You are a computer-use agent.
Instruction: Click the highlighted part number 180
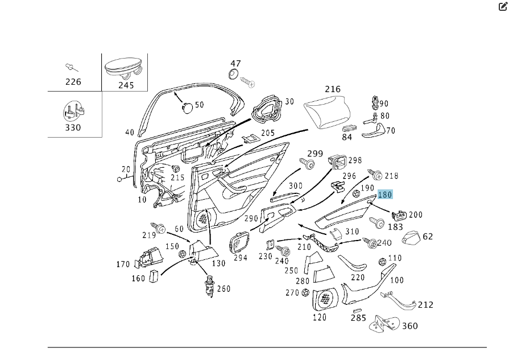(x=385, y=195)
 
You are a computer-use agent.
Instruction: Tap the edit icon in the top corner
(x=503, y=7)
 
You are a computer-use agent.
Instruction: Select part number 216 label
(x=333, y=89)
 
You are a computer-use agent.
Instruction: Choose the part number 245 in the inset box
(x=126, y=85)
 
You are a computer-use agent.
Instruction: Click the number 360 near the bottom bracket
(x=409, y=326)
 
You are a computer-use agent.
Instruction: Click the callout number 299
(x=315, y=154)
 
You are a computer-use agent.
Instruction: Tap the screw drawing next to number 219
(x=158, y=228)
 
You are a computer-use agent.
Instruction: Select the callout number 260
(x=224, y=289)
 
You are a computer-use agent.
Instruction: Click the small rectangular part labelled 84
(x=350, y=129)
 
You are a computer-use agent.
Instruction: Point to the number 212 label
(x=425, y=305)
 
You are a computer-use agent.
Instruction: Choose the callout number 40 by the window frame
(x=130, y=133)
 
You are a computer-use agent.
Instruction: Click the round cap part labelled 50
(x=187, y=106)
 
